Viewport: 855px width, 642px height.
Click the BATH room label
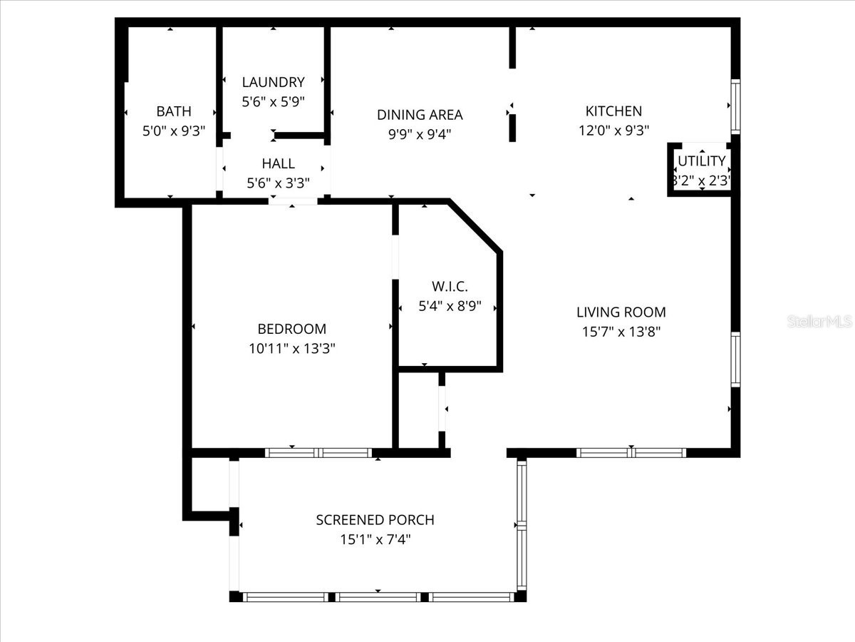coord(174,111)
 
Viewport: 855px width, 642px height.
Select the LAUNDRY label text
coord(273,82)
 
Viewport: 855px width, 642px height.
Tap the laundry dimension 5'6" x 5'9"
coord(273,101)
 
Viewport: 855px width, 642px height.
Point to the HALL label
coord(278,163)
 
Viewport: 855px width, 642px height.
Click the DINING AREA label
coord(420,114)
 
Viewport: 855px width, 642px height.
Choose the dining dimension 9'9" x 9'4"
coord(420,133)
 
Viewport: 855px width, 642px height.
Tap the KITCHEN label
coord(613,111)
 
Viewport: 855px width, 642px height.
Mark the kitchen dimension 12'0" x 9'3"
coord(613,130)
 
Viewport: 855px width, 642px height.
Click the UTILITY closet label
coord(702,160)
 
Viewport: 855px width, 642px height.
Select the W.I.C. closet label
coord(450,287)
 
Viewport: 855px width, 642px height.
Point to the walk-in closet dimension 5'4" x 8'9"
coord(450,306)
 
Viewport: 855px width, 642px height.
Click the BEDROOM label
coord(291,329)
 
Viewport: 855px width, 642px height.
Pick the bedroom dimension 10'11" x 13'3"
coord(291,348)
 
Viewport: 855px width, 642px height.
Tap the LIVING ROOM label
coord(621,312)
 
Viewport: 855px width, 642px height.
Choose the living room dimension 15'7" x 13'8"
coord(621,331)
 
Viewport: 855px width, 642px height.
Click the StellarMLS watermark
coord(820,322)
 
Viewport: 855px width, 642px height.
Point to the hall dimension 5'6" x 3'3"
coord(278,183)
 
